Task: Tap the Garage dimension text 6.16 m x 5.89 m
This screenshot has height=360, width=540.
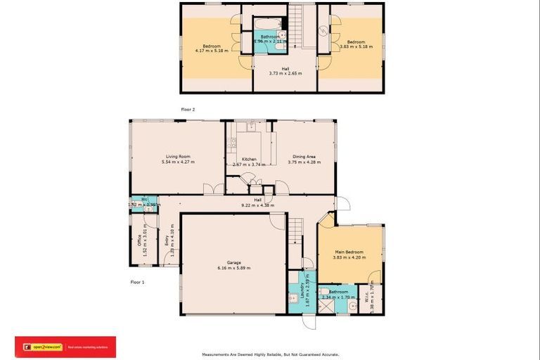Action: pyautogui.click(x=233, y=268)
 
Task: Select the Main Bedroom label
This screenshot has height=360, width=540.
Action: pyautogui.click(x=349, y=251)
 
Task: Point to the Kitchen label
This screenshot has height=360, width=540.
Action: pyautogui.click(x=249, y=159)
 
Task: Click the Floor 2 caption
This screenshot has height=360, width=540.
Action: pyautogui.click(x=187, y=110)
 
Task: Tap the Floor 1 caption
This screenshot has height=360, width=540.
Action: pyautogui.click(x=137, y=281)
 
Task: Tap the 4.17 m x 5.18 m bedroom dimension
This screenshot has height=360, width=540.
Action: pyautogui.click(x=212, y=51)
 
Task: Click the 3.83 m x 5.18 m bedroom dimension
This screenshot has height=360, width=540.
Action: pyautogui.click(x=355, y=51)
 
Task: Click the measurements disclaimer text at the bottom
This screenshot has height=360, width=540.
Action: pyautogui.click(x=270, y=354)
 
